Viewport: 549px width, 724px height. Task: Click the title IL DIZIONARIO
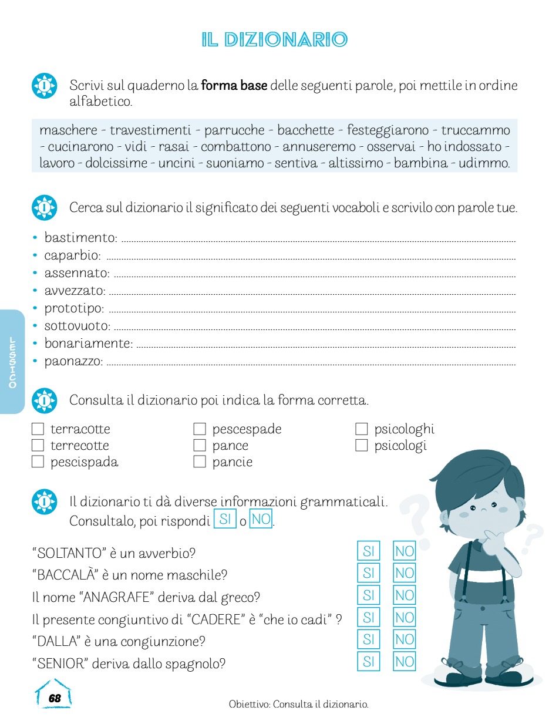click(274, 40)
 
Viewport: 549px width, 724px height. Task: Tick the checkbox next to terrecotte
click(38, 446)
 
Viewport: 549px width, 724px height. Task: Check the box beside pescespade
click(200, 429)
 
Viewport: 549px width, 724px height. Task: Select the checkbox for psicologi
click(362, 446)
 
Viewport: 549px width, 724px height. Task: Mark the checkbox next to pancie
click(200, 462)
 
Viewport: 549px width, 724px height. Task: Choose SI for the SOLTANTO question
click(369, 551)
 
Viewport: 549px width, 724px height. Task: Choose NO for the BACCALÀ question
click(405, 573)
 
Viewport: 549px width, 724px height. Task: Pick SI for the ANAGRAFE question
click(369, 595)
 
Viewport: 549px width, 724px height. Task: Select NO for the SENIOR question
click(405, 662)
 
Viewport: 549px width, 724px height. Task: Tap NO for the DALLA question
click(405, 639)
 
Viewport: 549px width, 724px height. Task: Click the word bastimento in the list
click(80, 238)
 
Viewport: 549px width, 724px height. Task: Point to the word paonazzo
click(73, 361)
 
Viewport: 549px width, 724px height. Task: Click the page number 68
click(55, 698)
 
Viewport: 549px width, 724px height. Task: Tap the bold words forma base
click(234, 86)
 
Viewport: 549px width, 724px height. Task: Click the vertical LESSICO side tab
click(12, 362)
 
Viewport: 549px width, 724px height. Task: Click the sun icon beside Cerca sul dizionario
click(44, 207)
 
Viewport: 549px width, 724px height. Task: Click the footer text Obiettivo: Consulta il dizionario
click(298, 703)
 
